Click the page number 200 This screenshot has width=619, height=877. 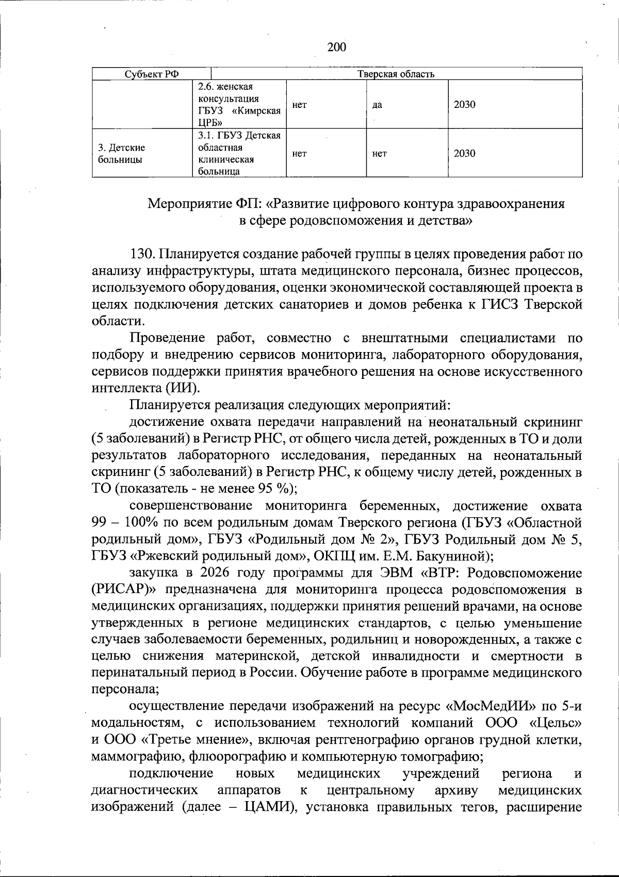point(336,47)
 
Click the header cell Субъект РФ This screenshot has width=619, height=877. point(152,74)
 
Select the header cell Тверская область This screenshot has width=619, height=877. point(396,74)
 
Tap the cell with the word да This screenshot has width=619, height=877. point(377,105)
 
